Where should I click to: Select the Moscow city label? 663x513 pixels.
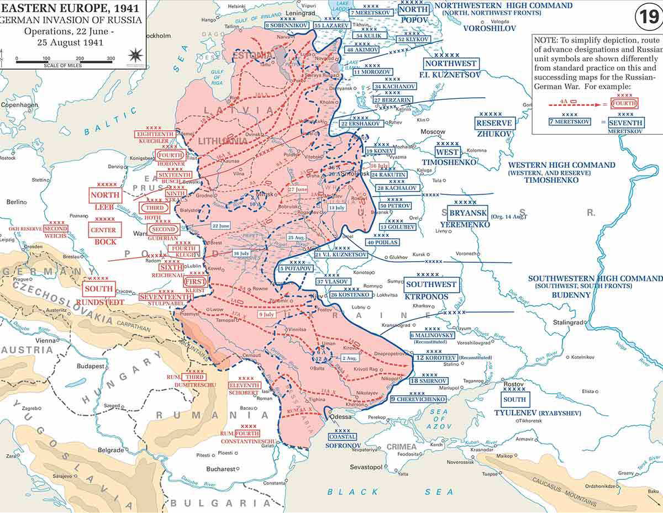(433, 132)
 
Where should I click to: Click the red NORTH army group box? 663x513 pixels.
(105, 195)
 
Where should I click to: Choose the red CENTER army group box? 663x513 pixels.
(105, 230)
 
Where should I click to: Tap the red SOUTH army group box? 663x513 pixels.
(99, 288)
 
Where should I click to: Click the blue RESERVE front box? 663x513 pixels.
(494, 123)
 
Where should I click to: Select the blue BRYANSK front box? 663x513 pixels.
(467, 213)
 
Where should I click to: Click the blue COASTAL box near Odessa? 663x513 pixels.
(343, 436)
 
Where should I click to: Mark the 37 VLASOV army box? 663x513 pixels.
(333, 282)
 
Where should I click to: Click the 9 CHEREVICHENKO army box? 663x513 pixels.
(418, 399)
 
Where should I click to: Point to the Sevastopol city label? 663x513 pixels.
(366, 467)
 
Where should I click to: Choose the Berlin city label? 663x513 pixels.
(17, 203)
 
